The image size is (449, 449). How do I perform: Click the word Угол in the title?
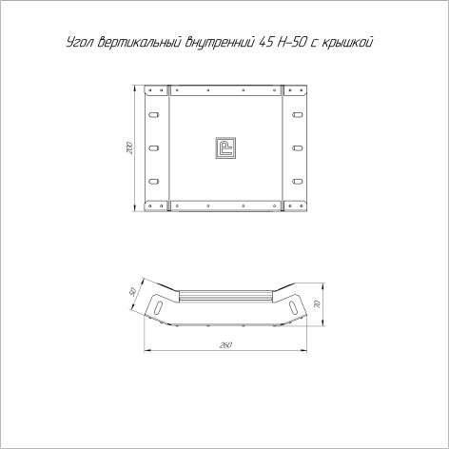[80, 43]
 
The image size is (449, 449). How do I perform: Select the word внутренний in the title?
[220, 42]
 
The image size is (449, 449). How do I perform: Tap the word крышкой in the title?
[347, 42]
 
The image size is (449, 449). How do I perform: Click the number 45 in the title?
[265, 42]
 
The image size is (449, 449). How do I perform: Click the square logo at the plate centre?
[225, 147]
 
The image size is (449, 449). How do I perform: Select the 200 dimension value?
[129, 148]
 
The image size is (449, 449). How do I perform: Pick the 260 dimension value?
[225, 344]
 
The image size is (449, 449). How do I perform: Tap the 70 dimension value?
[318, 304]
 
